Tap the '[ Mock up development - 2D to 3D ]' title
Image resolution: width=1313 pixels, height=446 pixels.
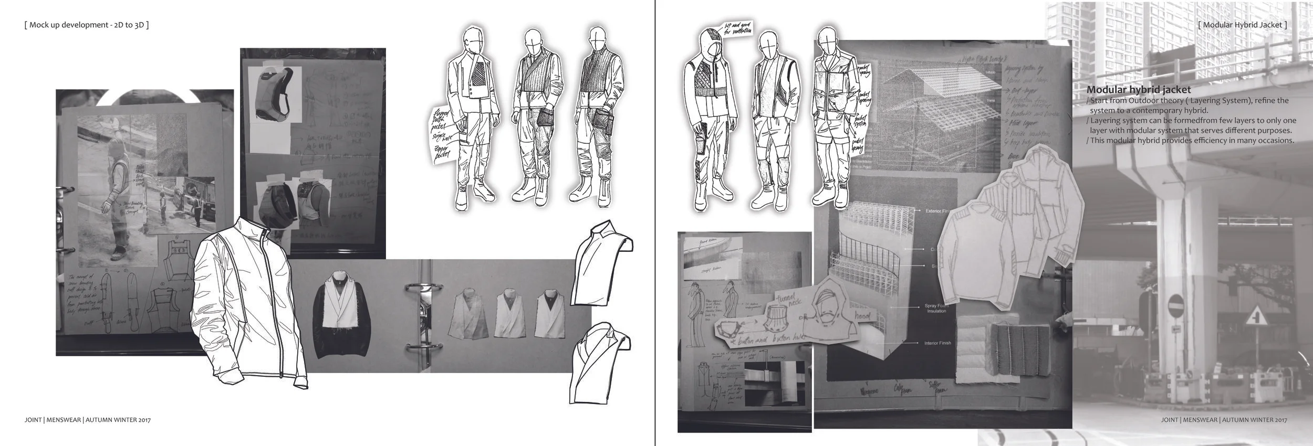[87, 25]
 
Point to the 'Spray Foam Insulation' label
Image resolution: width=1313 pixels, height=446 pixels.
[936, 309]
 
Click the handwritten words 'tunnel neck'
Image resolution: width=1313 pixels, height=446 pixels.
[786, 302]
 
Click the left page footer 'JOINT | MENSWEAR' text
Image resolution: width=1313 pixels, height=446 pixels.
[53, 420]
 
